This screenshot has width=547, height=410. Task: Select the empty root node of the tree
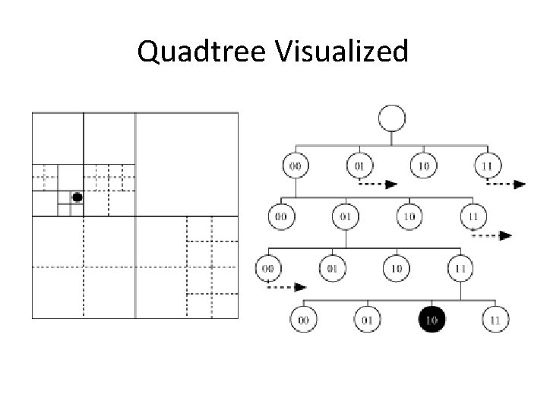391,119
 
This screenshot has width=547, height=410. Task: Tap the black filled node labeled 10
432,320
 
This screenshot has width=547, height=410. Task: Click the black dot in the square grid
77,197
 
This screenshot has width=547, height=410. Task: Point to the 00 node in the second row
281,216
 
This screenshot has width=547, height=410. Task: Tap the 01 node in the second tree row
346,216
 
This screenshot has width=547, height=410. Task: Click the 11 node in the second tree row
473,216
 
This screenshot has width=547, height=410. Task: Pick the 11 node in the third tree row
460,267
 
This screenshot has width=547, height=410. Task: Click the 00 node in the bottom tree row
304,320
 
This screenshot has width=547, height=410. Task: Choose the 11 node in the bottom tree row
495,320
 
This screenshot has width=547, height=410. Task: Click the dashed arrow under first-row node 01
377,184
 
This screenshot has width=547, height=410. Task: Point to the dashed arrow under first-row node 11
504,184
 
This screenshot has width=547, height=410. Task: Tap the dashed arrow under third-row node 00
287,287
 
